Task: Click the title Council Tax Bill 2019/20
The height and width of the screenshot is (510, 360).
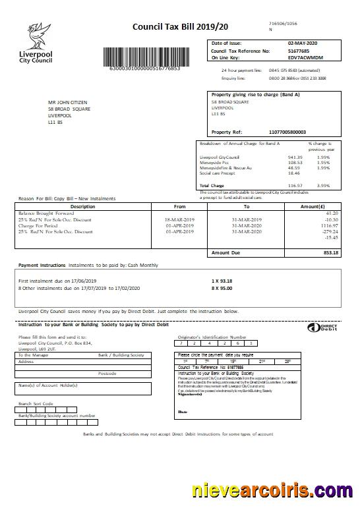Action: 171,27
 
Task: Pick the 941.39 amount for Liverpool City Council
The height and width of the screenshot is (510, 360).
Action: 295,157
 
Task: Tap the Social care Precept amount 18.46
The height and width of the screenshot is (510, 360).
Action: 294,173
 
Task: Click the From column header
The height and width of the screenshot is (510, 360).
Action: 179,206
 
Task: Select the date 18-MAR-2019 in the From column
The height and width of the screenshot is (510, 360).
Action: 179,219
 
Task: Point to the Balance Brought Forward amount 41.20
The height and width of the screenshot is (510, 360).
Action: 331,213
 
